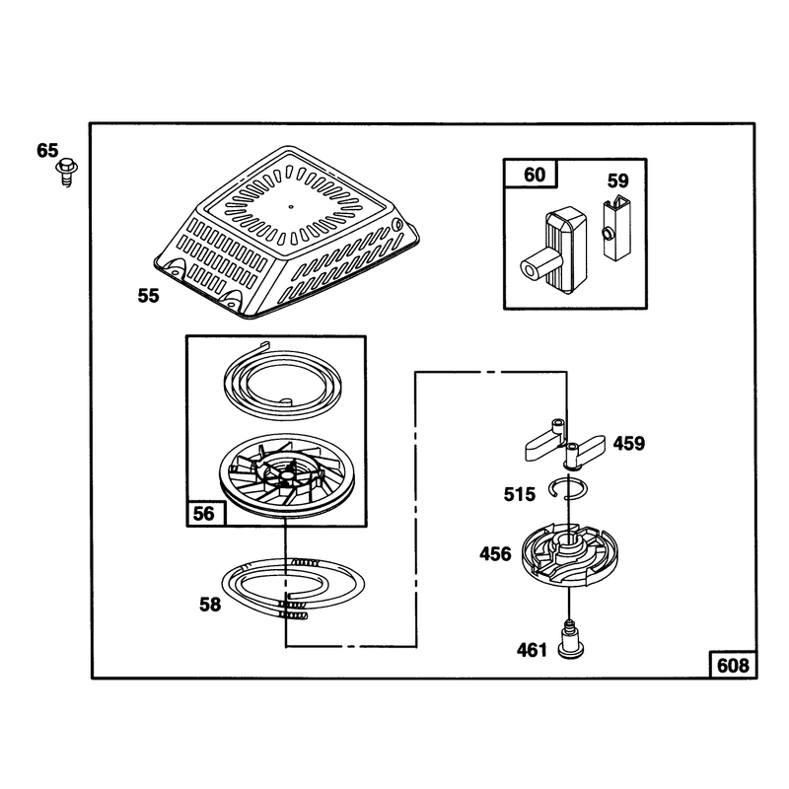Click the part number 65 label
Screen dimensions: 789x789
pos(47,150)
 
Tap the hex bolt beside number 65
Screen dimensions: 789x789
pos(66,172)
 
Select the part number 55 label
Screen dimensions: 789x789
pos(149,296)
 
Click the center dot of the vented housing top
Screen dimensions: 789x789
pos(290,206)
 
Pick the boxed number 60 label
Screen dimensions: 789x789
pos(534,175)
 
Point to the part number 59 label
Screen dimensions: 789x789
pos(618,180)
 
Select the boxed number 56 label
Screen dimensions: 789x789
pos(204,513)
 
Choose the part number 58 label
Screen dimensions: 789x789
pos(210,605)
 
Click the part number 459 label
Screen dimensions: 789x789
pos(629,443)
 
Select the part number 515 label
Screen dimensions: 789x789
pos(520,494)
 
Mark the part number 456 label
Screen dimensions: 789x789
pos(495,554)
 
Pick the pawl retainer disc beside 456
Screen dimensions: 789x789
pos(569,550)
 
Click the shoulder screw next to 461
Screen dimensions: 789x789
pos(571,639)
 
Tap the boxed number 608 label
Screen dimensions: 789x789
pos(733,665)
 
